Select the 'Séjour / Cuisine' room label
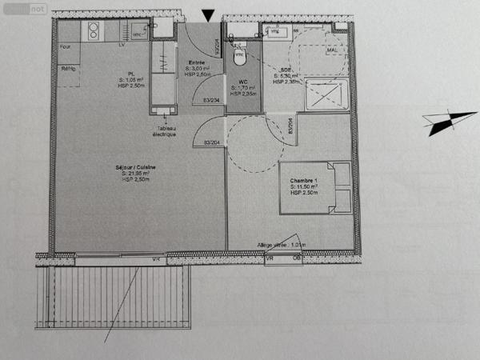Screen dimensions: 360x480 139,166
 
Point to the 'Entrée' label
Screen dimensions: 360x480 196,62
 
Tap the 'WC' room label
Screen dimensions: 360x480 241,81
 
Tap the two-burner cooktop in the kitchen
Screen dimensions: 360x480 93,31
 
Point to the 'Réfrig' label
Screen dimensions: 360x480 69,69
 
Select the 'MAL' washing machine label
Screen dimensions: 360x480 331,50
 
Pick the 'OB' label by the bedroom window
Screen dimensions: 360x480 296,258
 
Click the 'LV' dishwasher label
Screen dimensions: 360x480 122,46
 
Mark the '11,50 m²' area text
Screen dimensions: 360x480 309,187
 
